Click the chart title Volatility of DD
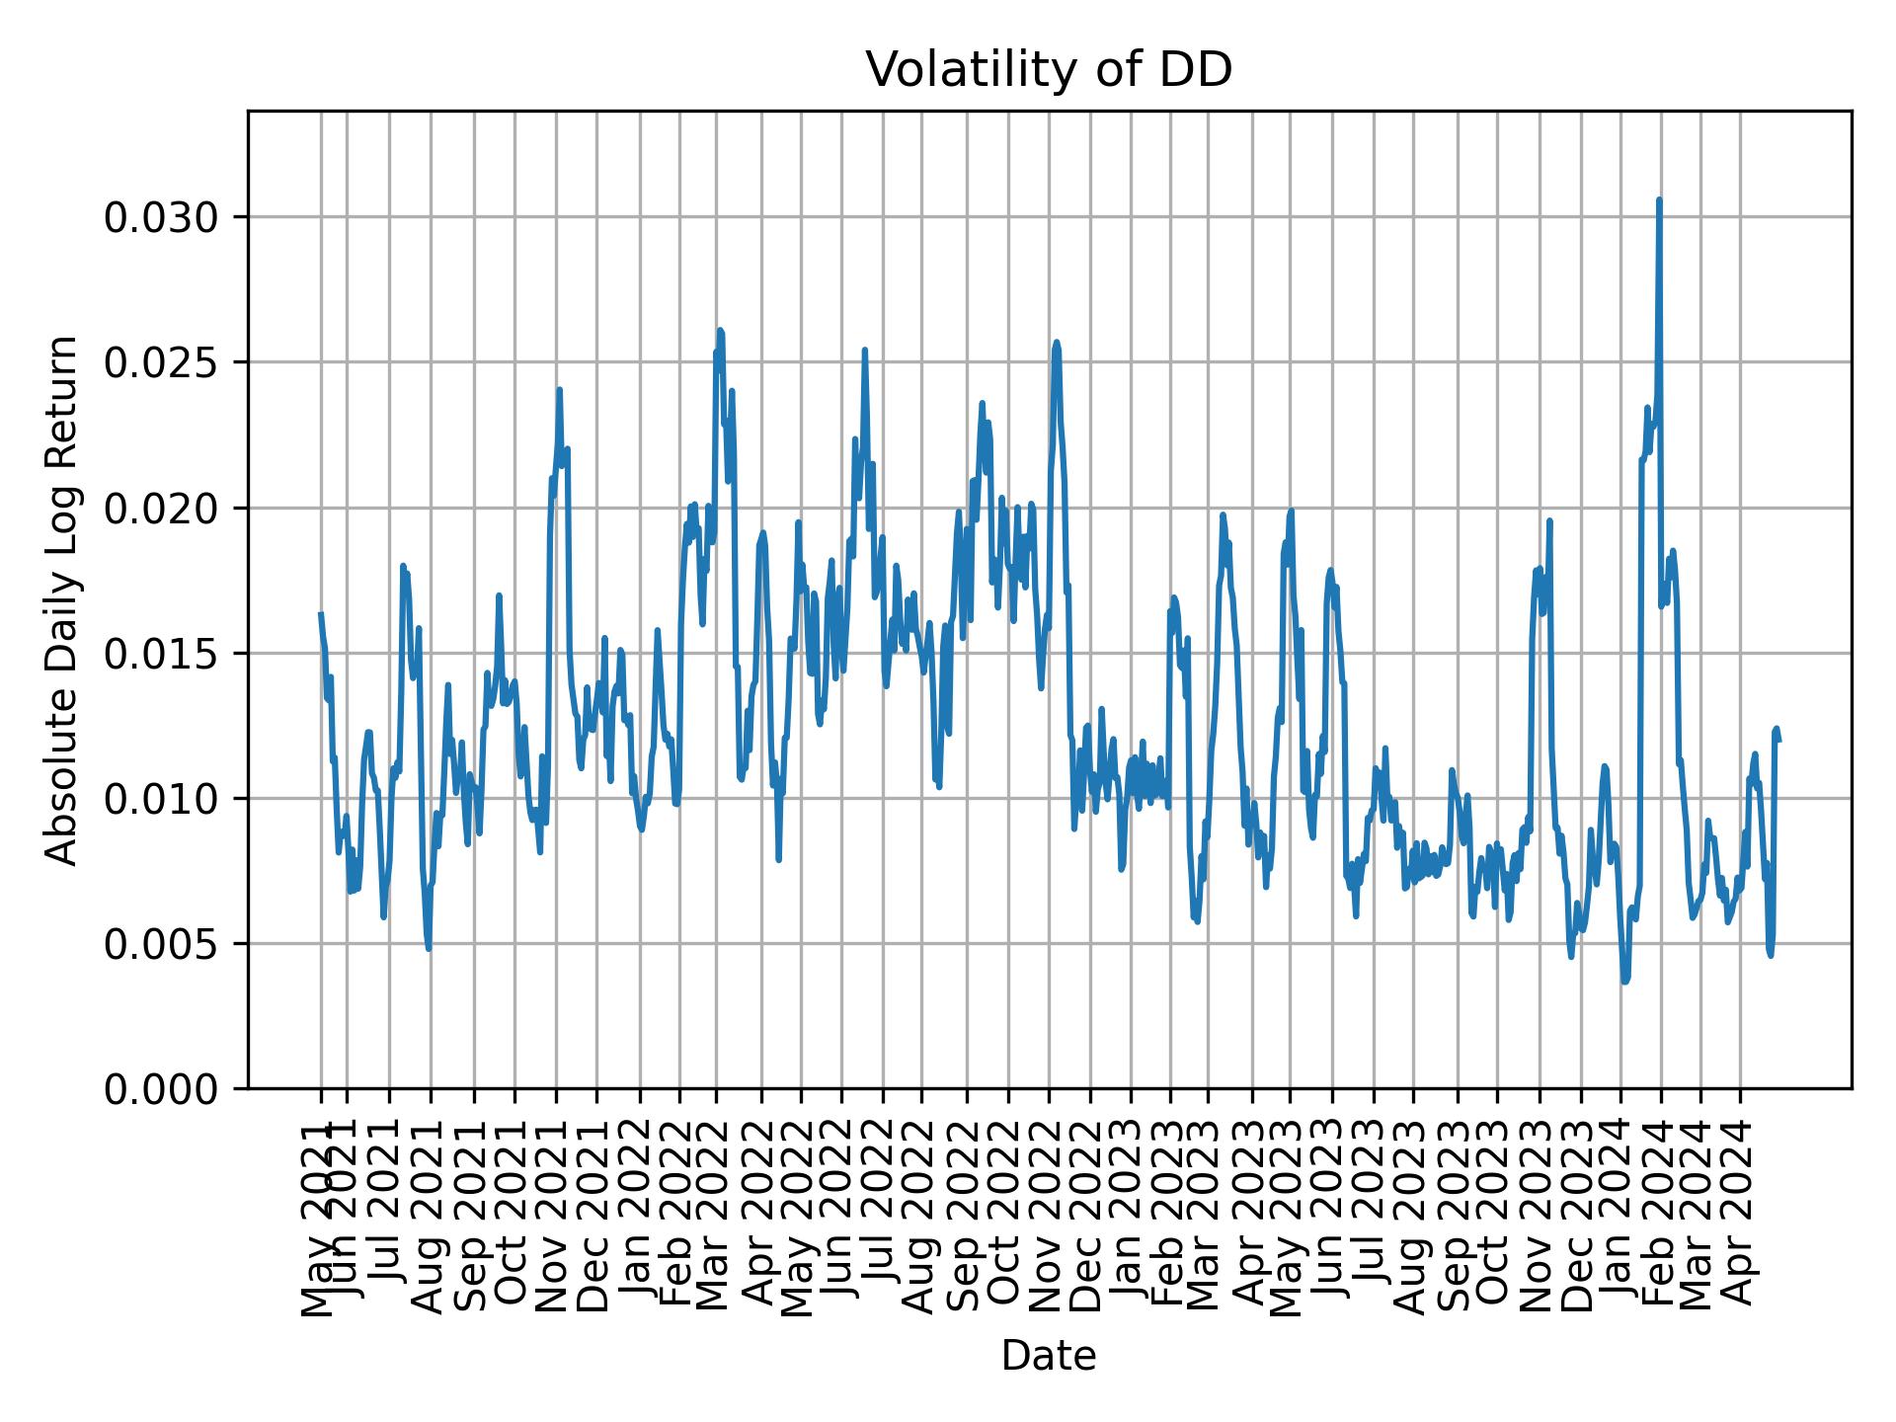coord(1049,70)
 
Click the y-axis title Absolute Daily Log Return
coord(63,600)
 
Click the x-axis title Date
coord(1049,1356)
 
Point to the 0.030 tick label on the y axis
coord(161,217)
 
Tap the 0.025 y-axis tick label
coord(161,362)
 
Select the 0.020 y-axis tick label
coord(161,508)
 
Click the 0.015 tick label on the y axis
coord(161,653)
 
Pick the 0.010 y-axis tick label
coord(161,798)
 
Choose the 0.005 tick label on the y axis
coord(161,943)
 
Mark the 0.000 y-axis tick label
coord(161,1088)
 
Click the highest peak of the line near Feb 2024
coord(1659,199)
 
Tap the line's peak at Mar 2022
coord(720,330)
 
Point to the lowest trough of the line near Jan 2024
coord(1623,982)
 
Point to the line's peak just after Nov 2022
coord(1057,343)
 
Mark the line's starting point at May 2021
coord(320,614)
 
